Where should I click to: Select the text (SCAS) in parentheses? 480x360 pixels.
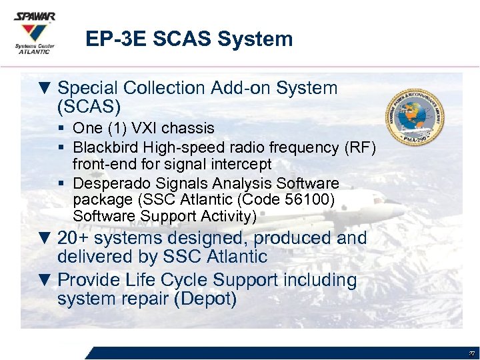[x=89, y=107]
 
